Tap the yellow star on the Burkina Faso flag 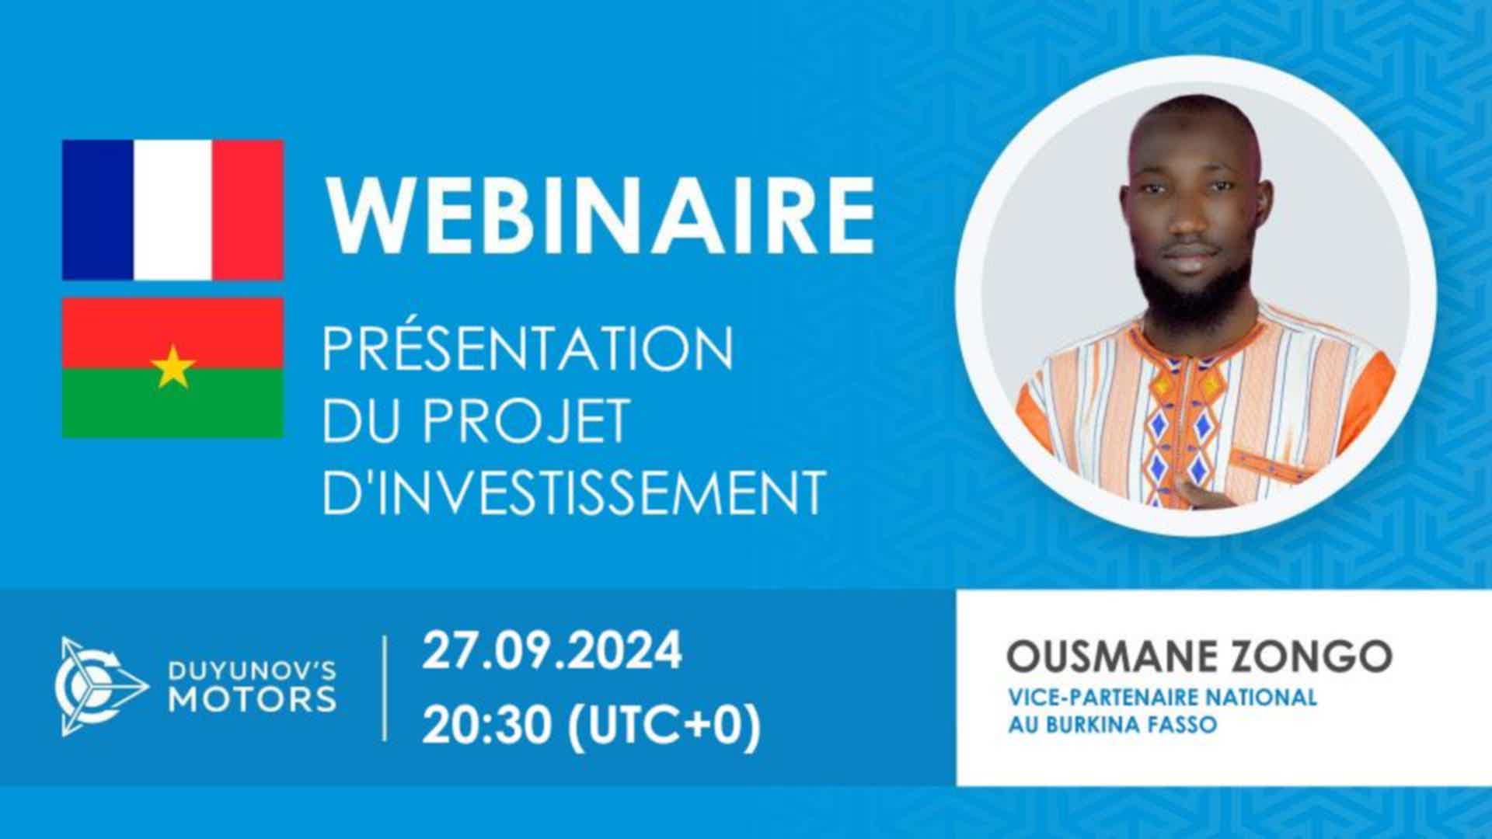coord(173,367)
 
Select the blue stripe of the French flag coord(98,210)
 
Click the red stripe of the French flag coord(248,210)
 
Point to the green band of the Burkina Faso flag coord(173,402)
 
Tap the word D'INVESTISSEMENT coord(573,492)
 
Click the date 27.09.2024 coord(552,651)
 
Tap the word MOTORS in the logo coord(253,699)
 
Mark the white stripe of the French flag coord(173,210)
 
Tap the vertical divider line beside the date coord(385,688)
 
